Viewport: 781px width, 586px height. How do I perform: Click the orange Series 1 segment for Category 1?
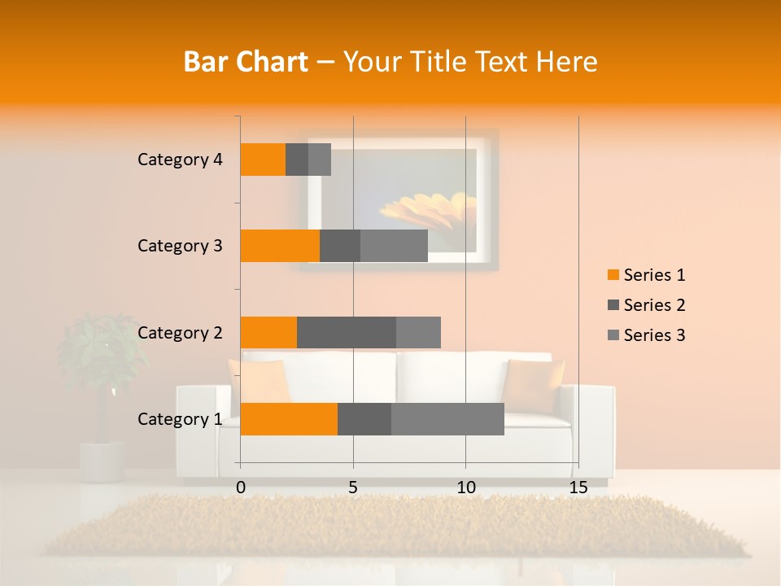(289, 419)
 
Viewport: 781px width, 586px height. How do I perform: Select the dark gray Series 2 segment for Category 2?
(347, 332)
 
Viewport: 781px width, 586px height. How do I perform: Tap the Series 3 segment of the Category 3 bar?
(394, 246)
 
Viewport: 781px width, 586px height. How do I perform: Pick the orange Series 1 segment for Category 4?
(263, 160)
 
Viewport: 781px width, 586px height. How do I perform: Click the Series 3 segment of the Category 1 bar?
(447, 419)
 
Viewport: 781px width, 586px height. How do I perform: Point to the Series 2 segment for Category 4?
(297, 160)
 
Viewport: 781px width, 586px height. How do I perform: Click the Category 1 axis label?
(180, 419)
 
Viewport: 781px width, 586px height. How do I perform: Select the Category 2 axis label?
(180, 332)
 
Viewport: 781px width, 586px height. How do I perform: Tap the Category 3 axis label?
(180, 246)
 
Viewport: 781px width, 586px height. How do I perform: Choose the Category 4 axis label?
(180, 160)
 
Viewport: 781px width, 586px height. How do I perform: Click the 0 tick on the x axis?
(241, 488)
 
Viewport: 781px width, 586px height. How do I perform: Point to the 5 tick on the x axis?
(353, 488)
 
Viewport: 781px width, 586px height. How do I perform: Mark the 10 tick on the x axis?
(465, 488)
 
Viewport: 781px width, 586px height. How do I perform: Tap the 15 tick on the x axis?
(578, 488)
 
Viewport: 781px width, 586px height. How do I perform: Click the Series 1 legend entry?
(646, 275)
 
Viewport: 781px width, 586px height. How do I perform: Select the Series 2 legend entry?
(646, 305)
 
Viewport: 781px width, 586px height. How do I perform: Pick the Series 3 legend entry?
(646, 335)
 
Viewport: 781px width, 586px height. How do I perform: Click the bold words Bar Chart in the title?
(246, 62)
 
